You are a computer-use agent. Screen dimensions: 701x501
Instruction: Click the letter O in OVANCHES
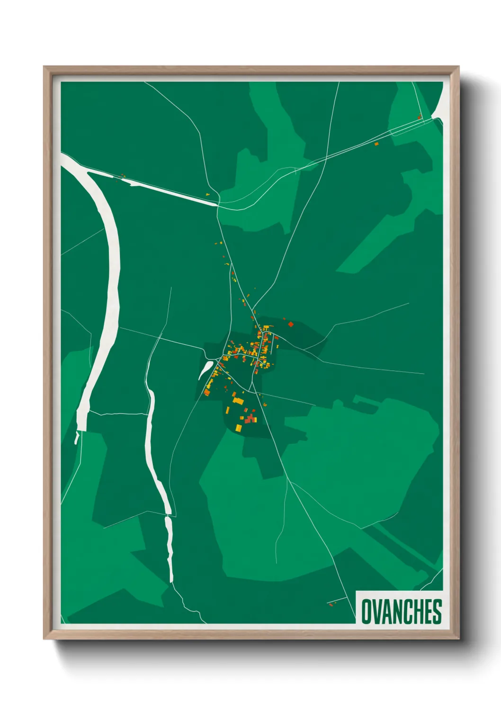(367, 611)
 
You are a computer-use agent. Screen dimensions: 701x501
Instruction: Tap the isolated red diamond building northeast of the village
(291, 324)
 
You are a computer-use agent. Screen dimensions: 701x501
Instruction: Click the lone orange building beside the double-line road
(376, 144)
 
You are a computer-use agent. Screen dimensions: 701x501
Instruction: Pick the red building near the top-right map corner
(420, 116)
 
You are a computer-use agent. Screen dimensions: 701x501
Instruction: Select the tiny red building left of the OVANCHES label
(330, 604)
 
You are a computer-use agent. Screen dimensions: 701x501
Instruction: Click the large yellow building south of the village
(238, 401)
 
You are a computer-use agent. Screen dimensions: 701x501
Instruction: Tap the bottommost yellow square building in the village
(239, 428)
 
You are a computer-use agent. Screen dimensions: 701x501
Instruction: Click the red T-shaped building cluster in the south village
(249, 418)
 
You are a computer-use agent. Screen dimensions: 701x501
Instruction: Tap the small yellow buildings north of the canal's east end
(207, 194)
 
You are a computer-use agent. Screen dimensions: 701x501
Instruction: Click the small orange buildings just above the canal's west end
(123, 176)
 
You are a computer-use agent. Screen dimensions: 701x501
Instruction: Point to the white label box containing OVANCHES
(399, 607)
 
